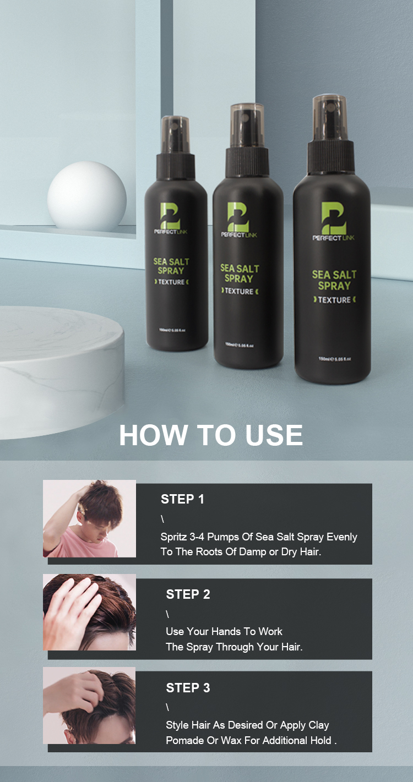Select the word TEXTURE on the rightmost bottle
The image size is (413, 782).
[x=334, y=300]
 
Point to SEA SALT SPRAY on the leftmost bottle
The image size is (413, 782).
[x=169, y=266]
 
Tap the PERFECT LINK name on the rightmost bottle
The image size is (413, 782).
[x=334, y=238]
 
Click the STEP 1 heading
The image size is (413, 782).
[x=182, y=499]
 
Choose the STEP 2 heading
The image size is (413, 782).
[x=188, y=594]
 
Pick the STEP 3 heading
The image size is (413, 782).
[x=188, y=688]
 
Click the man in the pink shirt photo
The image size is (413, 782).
[x=90, y=518]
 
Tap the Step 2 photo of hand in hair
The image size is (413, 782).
[x=90, y=612]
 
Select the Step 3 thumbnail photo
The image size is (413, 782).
[x=90, y=705]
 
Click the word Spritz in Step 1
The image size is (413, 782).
[x=173, y=537]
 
